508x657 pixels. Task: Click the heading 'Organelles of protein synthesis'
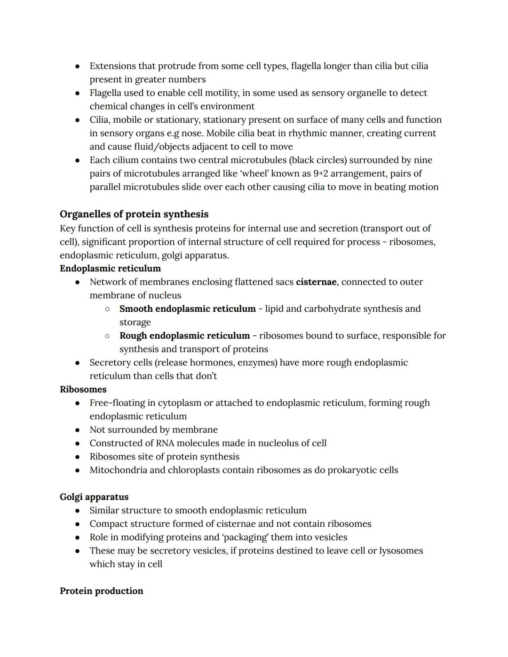coord(134,214)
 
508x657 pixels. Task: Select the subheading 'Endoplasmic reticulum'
coord(110,269)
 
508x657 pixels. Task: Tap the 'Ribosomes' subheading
coord(83,389)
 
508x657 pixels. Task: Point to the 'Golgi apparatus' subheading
coord(94,497)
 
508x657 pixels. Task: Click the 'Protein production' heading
coord(102,591)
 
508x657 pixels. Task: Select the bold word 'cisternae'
coord(316,282)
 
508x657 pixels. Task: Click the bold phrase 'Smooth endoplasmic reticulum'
coord(187,309)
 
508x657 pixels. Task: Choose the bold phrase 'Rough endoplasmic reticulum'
coord(184,336)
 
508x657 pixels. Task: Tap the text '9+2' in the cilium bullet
coord(320,174)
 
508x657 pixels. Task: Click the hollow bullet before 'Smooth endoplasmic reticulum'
coord(107,309)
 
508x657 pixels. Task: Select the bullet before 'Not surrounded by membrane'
coord(77,430)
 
